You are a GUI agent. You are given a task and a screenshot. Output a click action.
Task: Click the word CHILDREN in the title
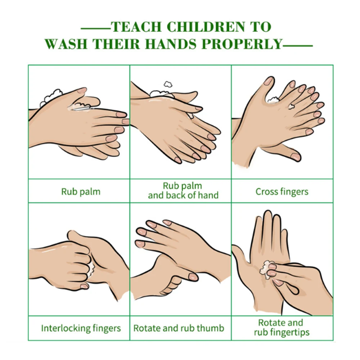click(206, 27)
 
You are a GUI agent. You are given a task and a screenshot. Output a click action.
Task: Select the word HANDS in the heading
click(171, 44)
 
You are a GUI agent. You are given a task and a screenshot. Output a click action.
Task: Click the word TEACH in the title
click(136, 27)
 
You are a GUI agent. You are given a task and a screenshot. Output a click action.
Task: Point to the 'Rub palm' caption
click(81, 192)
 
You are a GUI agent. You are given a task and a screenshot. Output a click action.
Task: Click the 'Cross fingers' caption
click(282, 192)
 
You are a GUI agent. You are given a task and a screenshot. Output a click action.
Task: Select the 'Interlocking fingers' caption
click(81, 328)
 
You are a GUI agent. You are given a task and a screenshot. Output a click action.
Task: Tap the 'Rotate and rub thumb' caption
click(179, 328)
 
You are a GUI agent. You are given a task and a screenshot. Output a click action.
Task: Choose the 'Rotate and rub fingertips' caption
click(282, 328)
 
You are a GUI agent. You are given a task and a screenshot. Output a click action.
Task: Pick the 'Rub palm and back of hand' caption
click(183, 190)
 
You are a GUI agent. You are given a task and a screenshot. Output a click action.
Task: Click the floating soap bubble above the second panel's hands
click(168, 84)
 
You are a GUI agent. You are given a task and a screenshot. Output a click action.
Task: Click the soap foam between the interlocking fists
click(91, 269)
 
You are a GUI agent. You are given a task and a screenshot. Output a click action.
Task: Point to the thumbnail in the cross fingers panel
click(269, 81)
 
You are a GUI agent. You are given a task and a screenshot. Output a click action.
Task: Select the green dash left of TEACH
click(96, 29)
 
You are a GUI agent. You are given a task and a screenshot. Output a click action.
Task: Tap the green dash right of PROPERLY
click(298, 46)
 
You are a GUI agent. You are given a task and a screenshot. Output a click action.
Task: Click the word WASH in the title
click(66, 44)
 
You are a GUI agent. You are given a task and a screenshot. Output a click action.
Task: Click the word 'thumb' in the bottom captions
click(212, 328)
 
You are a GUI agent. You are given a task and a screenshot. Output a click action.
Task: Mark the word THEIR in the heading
click(116, 44)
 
